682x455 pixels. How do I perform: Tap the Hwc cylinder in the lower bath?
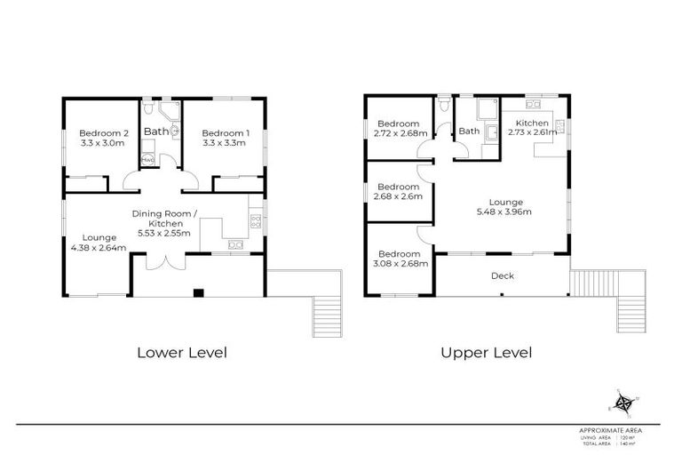(147, 160)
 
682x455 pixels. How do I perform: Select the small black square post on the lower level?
(199, 292)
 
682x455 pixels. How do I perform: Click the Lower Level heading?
(181, 353)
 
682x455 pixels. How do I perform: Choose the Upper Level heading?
(486, 353)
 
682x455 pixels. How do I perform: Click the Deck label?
(502, 275)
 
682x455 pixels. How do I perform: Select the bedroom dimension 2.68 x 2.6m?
(399, 197)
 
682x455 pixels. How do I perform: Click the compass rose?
(624, 404)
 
